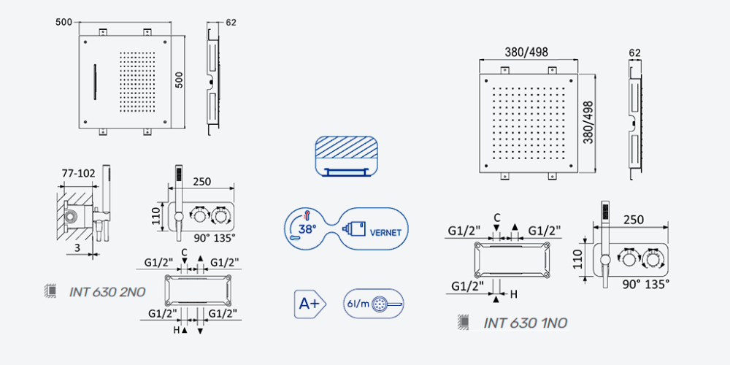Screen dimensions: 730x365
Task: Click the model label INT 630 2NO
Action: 107,292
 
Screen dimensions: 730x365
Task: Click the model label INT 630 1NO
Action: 525,323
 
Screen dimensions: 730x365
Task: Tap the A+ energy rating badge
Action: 310,304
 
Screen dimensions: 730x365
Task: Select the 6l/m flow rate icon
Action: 373,304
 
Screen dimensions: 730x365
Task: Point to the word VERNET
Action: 385,233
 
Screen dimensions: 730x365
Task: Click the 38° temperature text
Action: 308,229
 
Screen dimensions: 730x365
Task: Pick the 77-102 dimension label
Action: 79,174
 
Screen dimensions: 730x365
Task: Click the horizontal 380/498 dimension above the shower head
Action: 526,52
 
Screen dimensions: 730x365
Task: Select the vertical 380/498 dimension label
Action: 588,123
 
